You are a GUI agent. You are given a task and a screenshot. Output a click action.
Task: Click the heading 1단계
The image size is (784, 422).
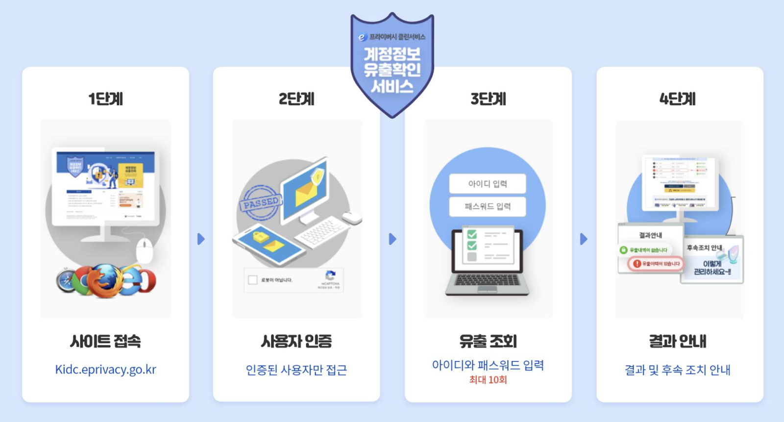pyautogui.click(x=105, y=99)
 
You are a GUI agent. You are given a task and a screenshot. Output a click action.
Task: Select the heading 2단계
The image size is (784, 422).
pyautogui.click(x=296, y=99)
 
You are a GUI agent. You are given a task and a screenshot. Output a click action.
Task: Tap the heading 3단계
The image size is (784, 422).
pyautogui.click(x=488, y=99)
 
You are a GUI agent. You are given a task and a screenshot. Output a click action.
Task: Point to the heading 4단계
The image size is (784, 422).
pyautogui.click(x=678, y=99)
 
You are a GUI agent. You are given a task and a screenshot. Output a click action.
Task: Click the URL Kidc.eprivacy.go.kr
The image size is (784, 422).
pyautogui.click(x=105, y=370)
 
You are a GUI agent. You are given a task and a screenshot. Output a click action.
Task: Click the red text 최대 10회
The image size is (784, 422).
pyautogui.click(x=488, y=380)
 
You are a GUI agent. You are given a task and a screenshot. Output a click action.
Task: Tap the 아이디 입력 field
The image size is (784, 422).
pyautogui.click(x=488, y=184)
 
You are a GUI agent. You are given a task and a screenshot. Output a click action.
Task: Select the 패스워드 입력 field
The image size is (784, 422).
pyautogui.click(x=488, y=206)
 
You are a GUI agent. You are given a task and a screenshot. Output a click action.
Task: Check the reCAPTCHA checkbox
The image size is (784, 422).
pyautogui.click(x=253, y=280)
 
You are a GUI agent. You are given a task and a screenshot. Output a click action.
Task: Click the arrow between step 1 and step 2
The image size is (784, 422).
pyautogui.click(x=201, y=239)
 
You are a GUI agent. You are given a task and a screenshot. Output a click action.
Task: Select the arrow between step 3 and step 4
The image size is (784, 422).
pyautogui.click(x=583, y=239)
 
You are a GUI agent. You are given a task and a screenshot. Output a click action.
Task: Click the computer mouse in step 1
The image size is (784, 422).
pyautogui.click(x=145, y=250)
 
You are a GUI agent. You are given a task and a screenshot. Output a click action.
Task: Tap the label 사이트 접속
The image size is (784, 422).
pyautogui.click(x=105, y=341)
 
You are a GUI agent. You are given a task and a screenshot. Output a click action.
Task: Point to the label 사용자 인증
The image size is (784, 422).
pyautogui.click(x=296, y=341)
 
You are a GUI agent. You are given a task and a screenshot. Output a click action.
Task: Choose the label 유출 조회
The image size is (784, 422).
pyautogui.click(x=488, y=341)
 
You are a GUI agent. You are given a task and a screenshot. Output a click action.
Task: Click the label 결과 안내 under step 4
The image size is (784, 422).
pyautogui.click(x=678, y=341)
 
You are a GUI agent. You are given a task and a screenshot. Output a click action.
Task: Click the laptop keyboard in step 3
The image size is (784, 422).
pyautogui.click(x=487, y=280)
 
